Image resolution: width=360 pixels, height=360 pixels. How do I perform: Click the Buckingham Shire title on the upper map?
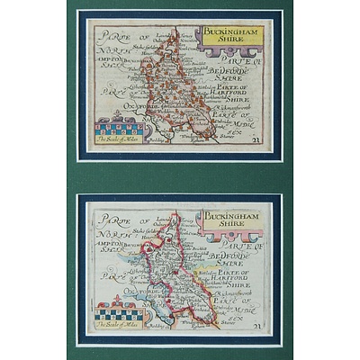229,37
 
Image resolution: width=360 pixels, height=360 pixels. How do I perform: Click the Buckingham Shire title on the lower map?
229,221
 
